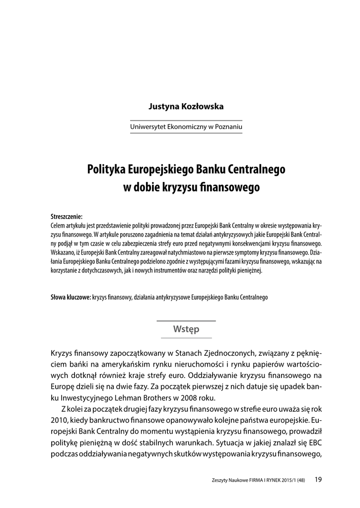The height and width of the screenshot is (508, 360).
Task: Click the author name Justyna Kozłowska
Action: click(186, 107)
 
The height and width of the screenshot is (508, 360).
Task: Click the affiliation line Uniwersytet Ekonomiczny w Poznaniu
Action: click(186, 127)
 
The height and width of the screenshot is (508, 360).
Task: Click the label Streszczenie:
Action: click(67, 216)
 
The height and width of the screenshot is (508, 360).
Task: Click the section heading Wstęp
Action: click(186, 329)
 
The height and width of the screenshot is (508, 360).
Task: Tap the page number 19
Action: click(319, 479)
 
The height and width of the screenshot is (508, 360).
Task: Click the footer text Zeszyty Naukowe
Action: click(228, 479)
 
